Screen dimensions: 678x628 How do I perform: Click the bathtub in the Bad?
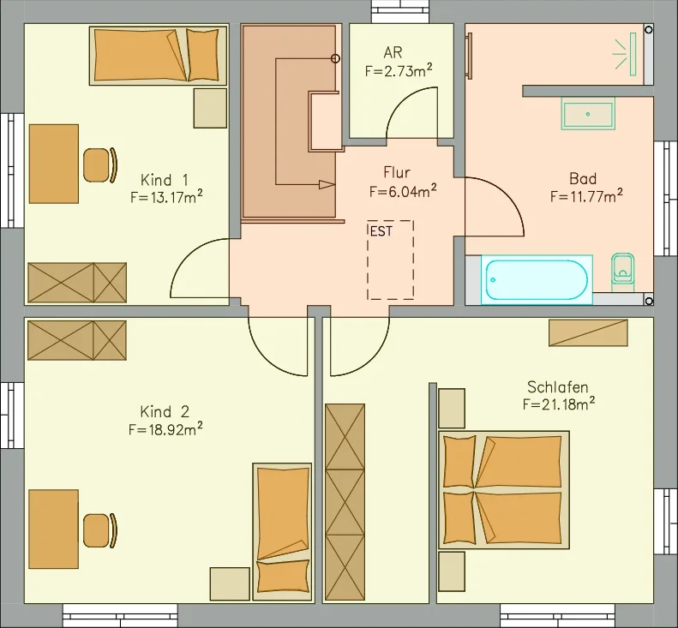pyautogui.click(x=537, y=279)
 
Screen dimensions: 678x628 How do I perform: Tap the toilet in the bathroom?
pyautogui.click(x=622, y=272)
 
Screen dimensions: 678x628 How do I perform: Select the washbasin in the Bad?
pyautogui.click(x=588, y=114)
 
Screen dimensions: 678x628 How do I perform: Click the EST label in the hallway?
pyautogui.click(x=381, y=231)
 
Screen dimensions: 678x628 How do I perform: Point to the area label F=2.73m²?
pyautogui.click(x=399, y=70)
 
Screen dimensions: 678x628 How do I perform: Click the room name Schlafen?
pyautogui.click(x=558, y=386)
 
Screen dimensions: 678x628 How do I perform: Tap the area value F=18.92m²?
pyautogui.click(x=165, y=429)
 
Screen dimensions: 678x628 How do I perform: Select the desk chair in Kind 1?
pyautogui.click(x=100, y=165)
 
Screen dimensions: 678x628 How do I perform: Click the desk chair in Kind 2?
pyautogui.click(x=100, y=530)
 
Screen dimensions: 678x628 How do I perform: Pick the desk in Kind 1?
pyautogui.click(x=54, y=164)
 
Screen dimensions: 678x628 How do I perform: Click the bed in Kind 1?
pyautogui.click(x=159, y=56)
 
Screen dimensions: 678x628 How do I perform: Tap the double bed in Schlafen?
pyautogui.click(x=504, y=490)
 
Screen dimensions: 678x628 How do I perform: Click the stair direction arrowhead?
pyautogui.click(x=327, y=184)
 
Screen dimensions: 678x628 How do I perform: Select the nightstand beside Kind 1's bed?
pyautogui.click(x=210, y=108)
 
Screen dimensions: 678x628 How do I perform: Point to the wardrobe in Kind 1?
pyautogui.click(x=77, y=283)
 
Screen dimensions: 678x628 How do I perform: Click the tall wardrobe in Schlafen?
pyautogui.click(x=345, y=502)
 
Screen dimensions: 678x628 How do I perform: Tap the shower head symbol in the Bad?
pyautogui.click(x=625, y=55)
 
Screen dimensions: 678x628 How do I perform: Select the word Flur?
pyautogui.click(x=397, y=172)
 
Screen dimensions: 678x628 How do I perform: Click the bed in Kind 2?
pyautogui.click(x=282, y=532)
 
